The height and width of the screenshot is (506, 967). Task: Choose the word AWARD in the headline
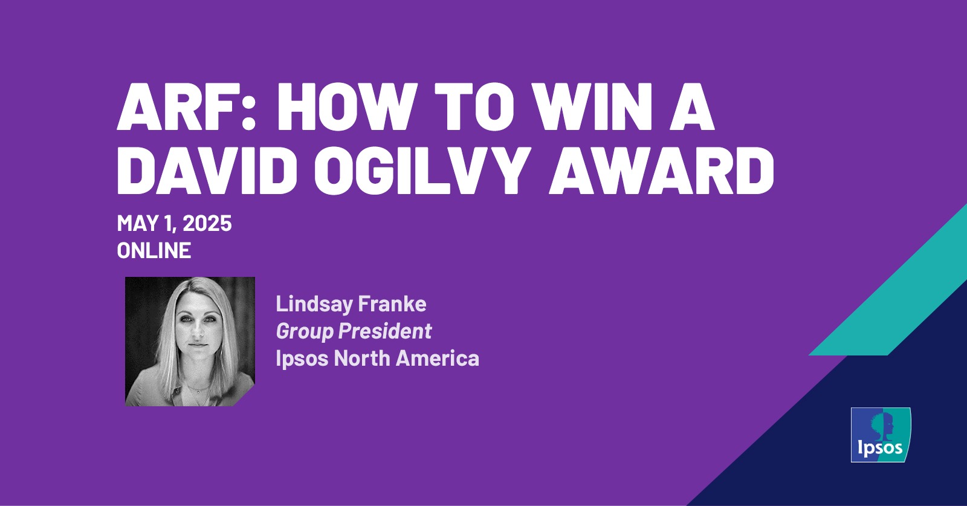[661, 171]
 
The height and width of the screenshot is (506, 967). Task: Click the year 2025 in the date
[207, 224]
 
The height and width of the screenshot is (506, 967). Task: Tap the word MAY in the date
[137, 224]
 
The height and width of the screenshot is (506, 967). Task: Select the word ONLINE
[154, 250]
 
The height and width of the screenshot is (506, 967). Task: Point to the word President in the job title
[386, 331]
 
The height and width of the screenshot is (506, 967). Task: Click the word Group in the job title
[305, 332]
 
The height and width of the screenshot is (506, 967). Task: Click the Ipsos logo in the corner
[881, 435]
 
